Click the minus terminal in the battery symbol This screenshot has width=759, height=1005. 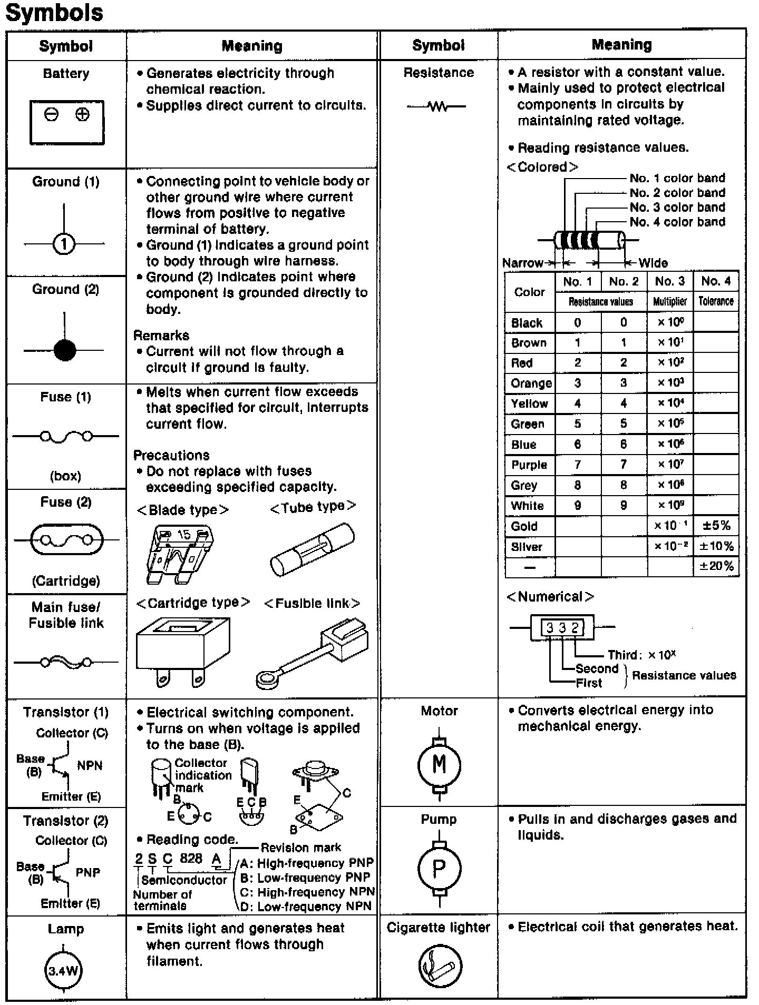coord(51,114)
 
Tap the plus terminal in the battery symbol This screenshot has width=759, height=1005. coord(82,114)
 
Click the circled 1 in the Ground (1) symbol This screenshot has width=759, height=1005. coord(64,244)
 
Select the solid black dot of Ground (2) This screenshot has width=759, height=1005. coord(65,350)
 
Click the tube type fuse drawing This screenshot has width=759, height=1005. coord(312,550)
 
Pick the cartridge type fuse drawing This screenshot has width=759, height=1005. coord(182,651)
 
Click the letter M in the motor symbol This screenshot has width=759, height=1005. coord(439,764)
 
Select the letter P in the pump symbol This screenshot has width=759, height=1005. coord(439,868)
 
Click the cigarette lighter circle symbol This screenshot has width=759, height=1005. coord(440,966)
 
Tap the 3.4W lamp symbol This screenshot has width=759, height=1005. coord(63,970)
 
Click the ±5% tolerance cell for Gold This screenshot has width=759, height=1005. coord(716,526)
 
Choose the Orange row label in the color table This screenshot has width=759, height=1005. coord(531,383)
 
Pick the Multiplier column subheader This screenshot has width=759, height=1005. coord(670,301)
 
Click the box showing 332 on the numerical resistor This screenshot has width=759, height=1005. coord(562,627)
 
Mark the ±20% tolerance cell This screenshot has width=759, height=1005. coord(716,566)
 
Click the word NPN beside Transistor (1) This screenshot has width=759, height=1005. coord(90,765)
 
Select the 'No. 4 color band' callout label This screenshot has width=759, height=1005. coord(677,222)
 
